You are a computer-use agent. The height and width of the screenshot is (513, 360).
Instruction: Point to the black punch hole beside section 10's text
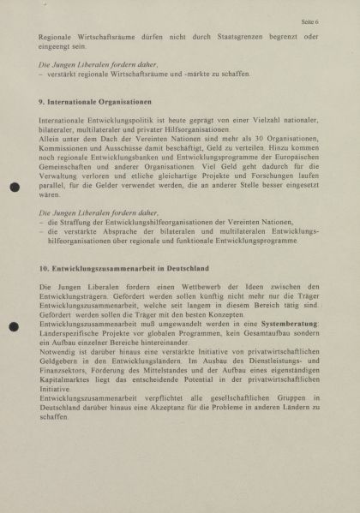pyautogui.click(x=14, y=326)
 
